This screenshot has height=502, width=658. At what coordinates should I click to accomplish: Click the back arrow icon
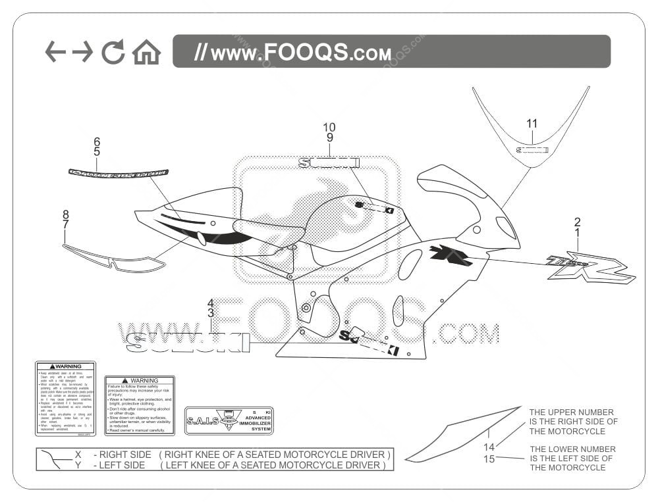pyautogui.click(x=56, y=52)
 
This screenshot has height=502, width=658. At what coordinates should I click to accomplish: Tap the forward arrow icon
pyautogui.click(x=83, y=52)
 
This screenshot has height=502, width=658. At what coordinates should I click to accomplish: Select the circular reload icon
pyautogui.click(x=113, y=52)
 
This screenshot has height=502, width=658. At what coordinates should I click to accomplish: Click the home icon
pyautogui.click(x=146, y=53)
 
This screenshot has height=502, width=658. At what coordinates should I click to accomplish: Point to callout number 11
pyautogui.click(x=532, y=123)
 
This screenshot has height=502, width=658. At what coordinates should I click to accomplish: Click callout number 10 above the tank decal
pyautogui.click(x=329, y=127)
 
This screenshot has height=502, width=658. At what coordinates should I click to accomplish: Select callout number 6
pyautogui.click(x=97, y=141)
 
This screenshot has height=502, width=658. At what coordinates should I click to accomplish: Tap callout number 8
pyautogui.click(x=66, y=214)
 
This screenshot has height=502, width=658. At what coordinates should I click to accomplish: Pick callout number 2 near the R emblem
pyautogui.click(x=577, y=222)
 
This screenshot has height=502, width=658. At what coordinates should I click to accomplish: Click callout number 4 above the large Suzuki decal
pyautogui.click(x=211, y=303)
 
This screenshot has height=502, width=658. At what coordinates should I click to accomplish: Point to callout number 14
pyautogui.click(x=489, y=447)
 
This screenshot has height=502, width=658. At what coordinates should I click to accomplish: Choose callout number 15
pyautogui.click(x=489, y=459)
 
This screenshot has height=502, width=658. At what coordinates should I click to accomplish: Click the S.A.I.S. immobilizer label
pyautogui.click(x=229, y=420)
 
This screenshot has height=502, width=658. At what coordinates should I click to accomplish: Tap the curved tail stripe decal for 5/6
pyautogui.click(x=119, y=174)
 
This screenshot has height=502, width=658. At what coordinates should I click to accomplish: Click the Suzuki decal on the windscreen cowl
pyautogui.click(x=532, y=151)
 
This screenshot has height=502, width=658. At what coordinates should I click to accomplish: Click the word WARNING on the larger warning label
pyautogui.click(x=144, y=380)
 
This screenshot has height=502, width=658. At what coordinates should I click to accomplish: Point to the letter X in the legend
pyautogui.click(x=78, y=455)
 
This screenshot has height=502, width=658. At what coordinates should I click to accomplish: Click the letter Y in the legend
pyautogui.click(x=78, y=465)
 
